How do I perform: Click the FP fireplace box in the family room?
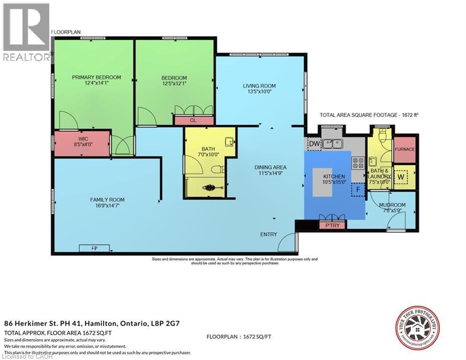(x=94, y=248)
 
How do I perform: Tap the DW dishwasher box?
(x=313, y=143)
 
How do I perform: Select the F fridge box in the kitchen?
(x=358, y=190)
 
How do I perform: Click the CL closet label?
(x=192, y=120)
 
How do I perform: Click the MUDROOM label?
(x=392, y=205)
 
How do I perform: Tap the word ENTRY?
(x=269, y=234)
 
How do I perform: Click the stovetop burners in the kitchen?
(x=358, y=163)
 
